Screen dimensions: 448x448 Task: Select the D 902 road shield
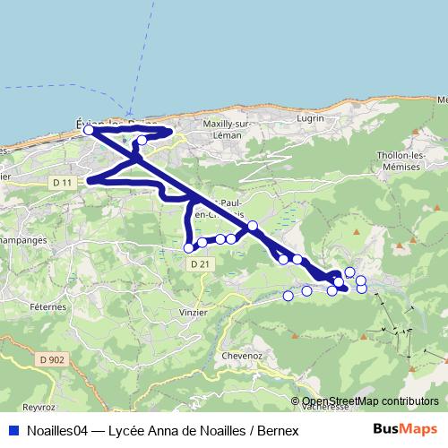point(53,358)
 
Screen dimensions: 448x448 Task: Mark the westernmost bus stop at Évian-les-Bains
point(89,130)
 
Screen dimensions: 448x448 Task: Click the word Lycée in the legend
point(125,430)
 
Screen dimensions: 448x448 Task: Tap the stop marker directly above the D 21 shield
point(189,247)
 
